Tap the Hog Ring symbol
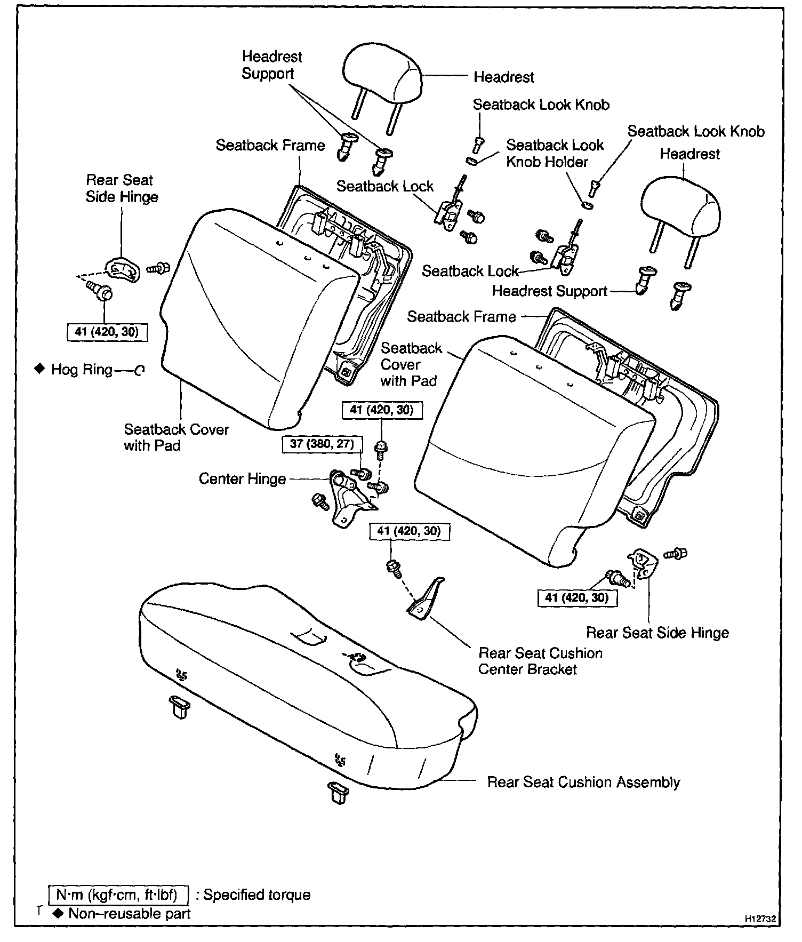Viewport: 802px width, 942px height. pyautogui.click(x=139, y=370)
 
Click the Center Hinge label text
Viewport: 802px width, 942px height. pyautogui.click(x=242, y=479)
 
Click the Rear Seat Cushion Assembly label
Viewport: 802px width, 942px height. pyautogui.click(x=583, y=782)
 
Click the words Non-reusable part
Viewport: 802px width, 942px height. pyautogui.click(x=130, y=914)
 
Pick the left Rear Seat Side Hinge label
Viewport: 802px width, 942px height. pyautogui.click(x=122, y=188)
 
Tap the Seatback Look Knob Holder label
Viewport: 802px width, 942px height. pyautogui.click(x=555, y=153)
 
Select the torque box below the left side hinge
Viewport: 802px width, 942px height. pyautogui.click(x=107, y=332)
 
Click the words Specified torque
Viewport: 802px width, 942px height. pyautogui.click(x=256, y=895)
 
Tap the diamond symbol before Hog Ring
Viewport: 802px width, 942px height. pyautogui.click(x=39, y=369)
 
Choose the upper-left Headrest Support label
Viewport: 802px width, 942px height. pyautogui.click(x=271, y=65)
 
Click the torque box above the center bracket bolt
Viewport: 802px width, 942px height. pyautogui.click(x=409, y=531)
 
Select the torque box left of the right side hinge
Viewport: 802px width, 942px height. pyautogui.click(x=576, y=597)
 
